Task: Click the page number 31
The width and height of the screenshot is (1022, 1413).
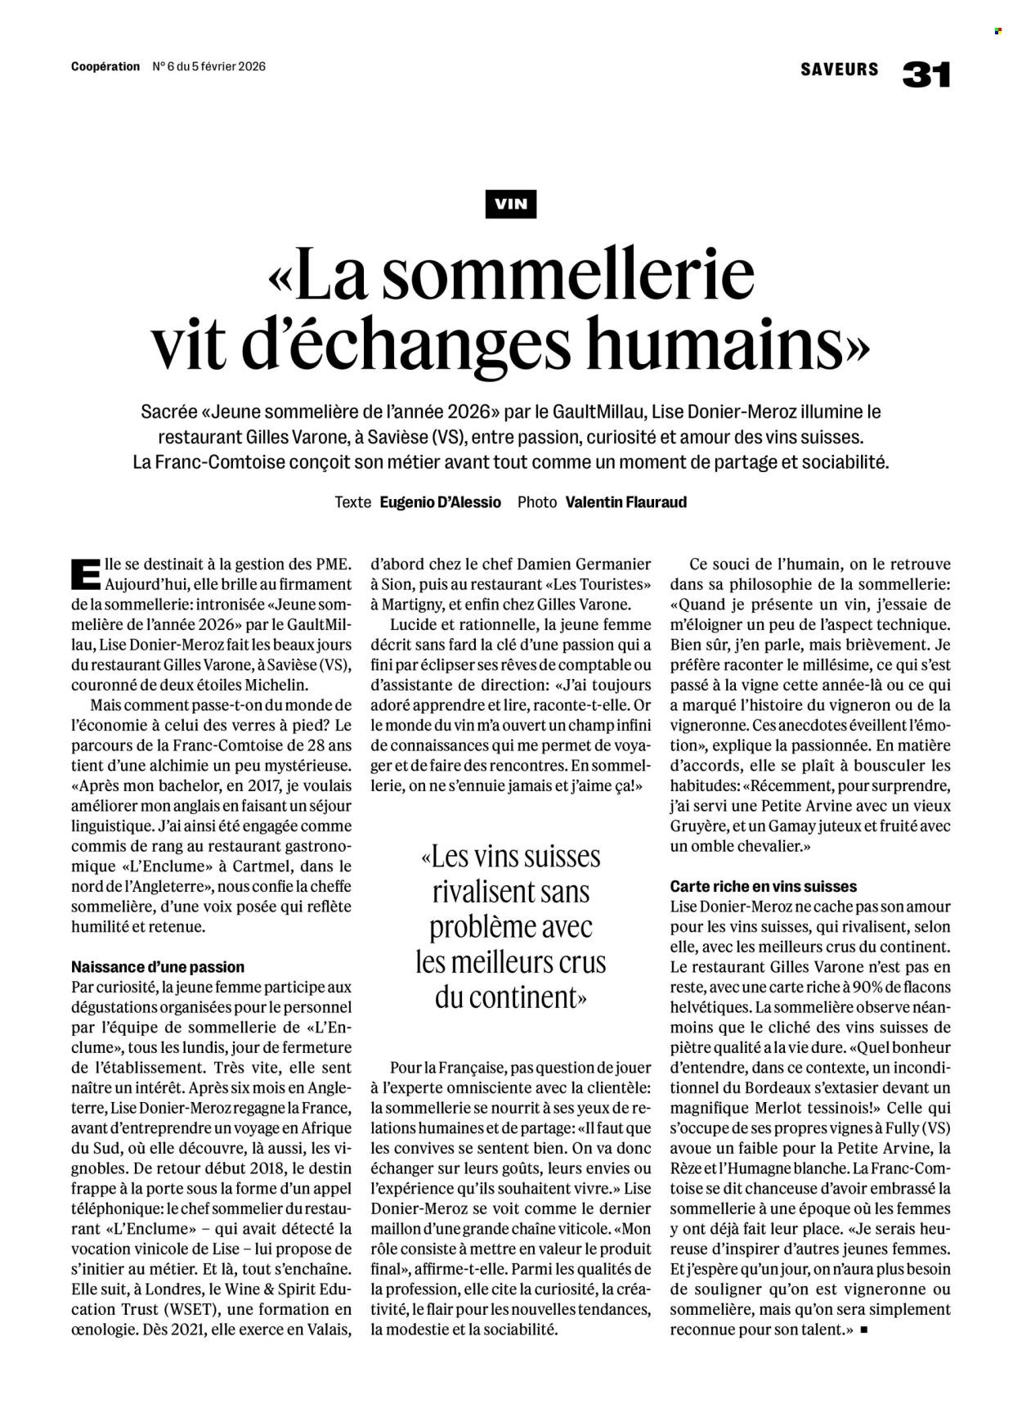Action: [x=926, y=74]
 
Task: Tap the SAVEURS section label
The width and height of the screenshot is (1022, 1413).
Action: [x=840, y=70]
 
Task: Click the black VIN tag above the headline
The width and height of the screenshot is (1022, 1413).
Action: [x=510, y=204]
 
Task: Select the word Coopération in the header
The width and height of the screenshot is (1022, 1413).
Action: [x=105, y=67]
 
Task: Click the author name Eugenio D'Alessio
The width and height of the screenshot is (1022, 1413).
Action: [x=440, y=502]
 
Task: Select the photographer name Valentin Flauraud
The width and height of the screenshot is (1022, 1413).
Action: [x=625, y=502]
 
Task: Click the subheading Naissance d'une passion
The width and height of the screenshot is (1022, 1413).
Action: [x=158, y=966]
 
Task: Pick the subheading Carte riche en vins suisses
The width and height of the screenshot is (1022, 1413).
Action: [x=763, y=886]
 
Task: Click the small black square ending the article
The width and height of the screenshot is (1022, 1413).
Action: [x=864, y=1330]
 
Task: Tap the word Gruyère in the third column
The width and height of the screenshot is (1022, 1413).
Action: [x=702, y=826]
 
